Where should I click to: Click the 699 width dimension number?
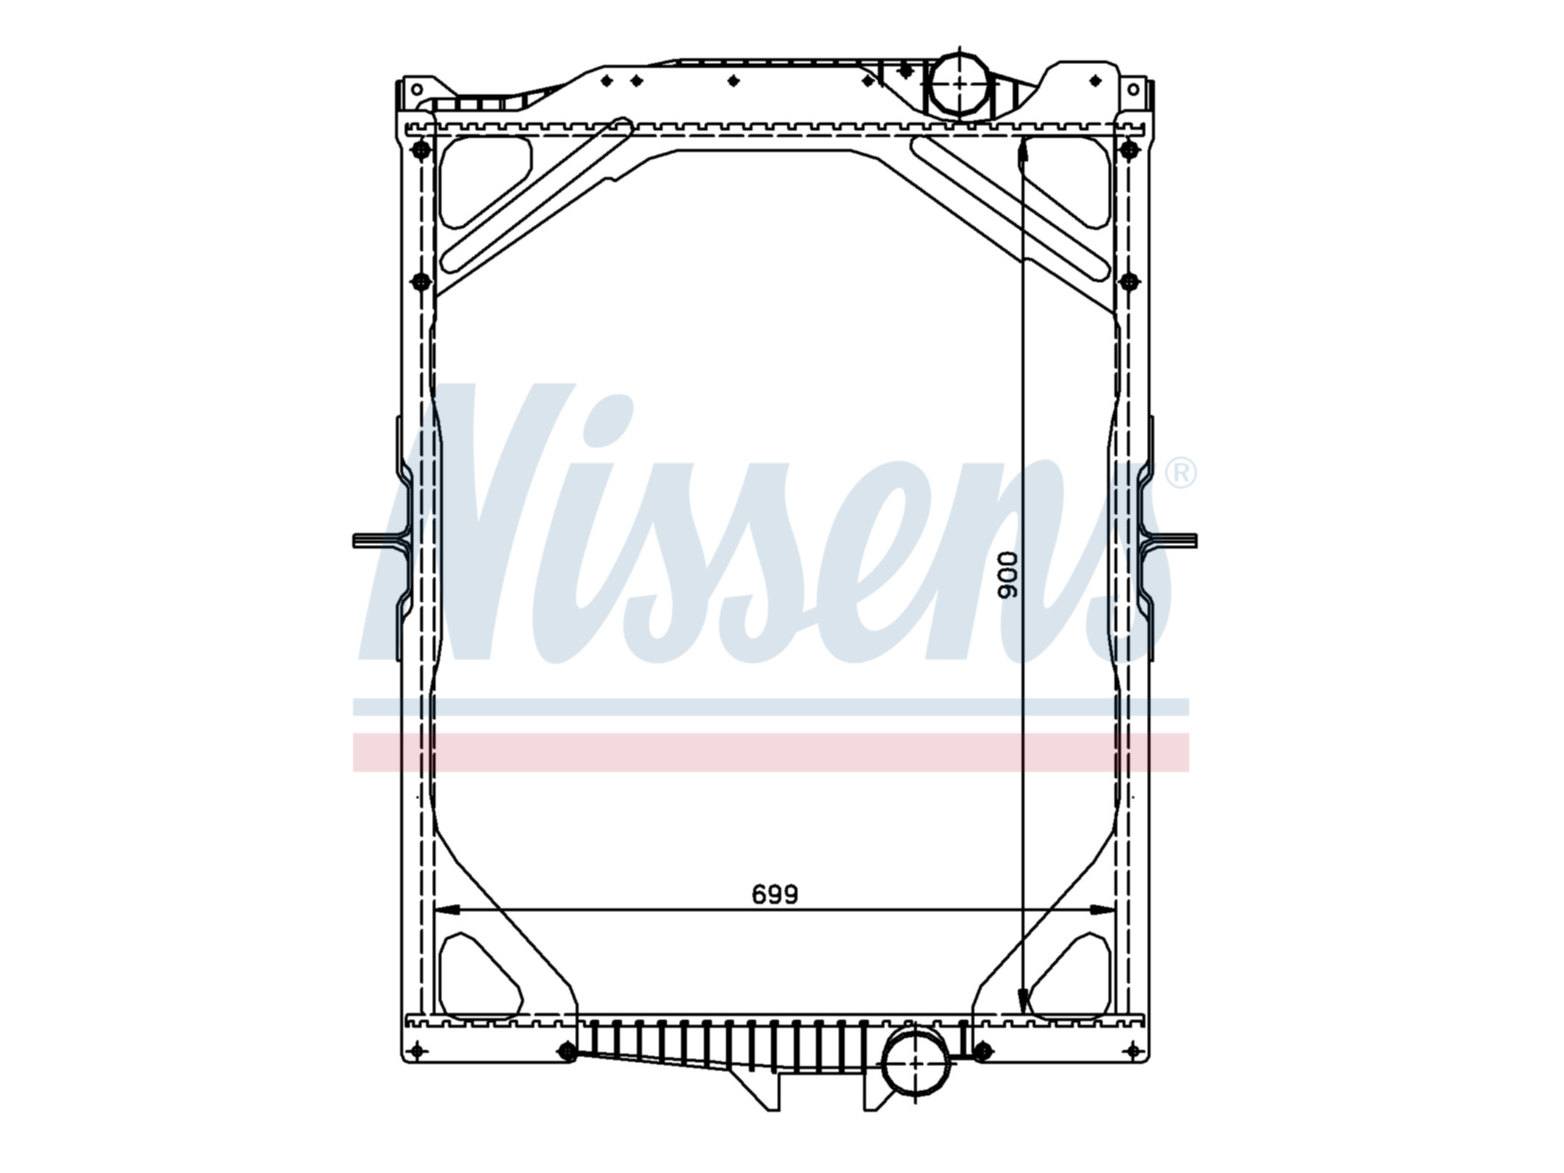[775, 894]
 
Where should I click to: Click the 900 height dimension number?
[1007, 574]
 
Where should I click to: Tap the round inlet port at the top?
[959, 84]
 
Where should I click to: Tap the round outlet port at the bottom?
[915, 1064]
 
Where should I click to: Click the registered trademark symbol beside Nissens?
[1181, 473]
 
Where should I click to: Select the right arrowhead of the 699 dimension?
[1103, 910]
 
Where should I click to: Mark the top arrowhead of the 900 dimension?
[1022, 154]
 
